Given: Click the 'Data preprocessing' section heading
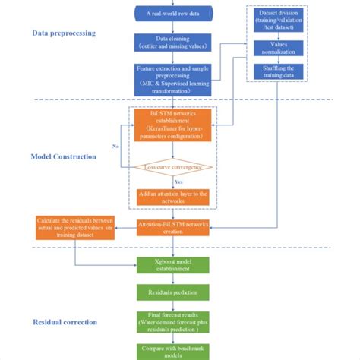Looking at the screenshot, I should coord(64,33).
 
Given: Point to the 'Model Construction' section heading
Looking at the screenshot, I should coord(63,156).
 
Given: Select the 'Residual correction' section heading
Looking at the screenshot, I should coord(65,321).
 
